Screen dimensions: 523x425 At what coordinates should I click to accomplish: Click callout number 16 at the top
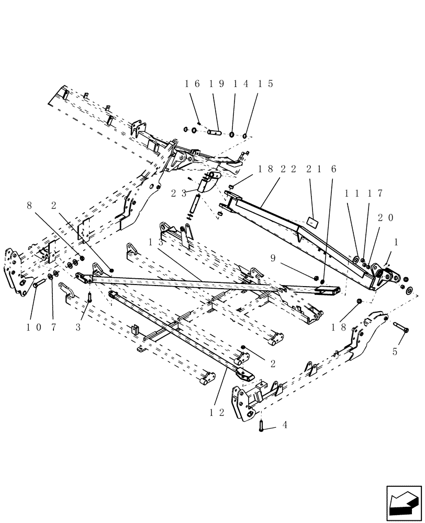point(191,84)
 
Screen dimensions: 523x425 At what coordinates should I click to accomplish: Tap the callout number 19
point(213,84)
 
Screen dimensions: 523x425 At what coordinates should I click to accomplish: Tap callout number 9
point(273,257)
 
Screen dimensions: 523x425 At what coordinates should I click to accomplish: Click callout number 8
point(29,206)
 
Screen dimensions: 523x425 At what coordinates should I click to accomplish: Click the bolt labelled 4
point(261,426)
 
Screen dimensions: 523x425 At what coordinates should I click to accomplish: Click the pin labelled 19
point(216,132)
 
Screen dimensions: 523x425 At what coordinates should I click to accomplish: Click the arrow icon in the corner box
point(404,502)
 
